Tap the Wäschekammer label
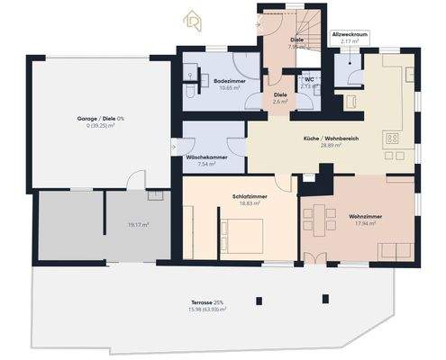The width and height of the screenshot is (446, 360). (x=205, y=157)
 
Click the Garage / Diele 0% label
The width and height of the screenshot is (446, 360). (x=100, y=119)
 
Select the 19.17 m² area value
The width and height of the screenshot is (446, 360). (x=138, y=225)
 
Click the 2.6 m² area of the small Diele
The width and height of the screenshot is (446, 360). (x=280, y=102)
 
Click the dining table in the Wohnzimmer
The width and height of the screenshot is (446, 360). (x=319, y=217)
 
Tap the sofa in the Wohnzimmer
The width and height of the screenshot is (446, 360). (x=392, y=248)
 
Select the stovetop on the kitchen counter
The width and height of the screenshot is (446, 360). (x=393, y=139)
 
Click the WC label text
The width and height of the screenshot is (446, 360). (x=308, y=78)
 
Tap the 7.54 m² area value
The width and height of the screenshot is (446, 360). (x=205, y=165)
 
